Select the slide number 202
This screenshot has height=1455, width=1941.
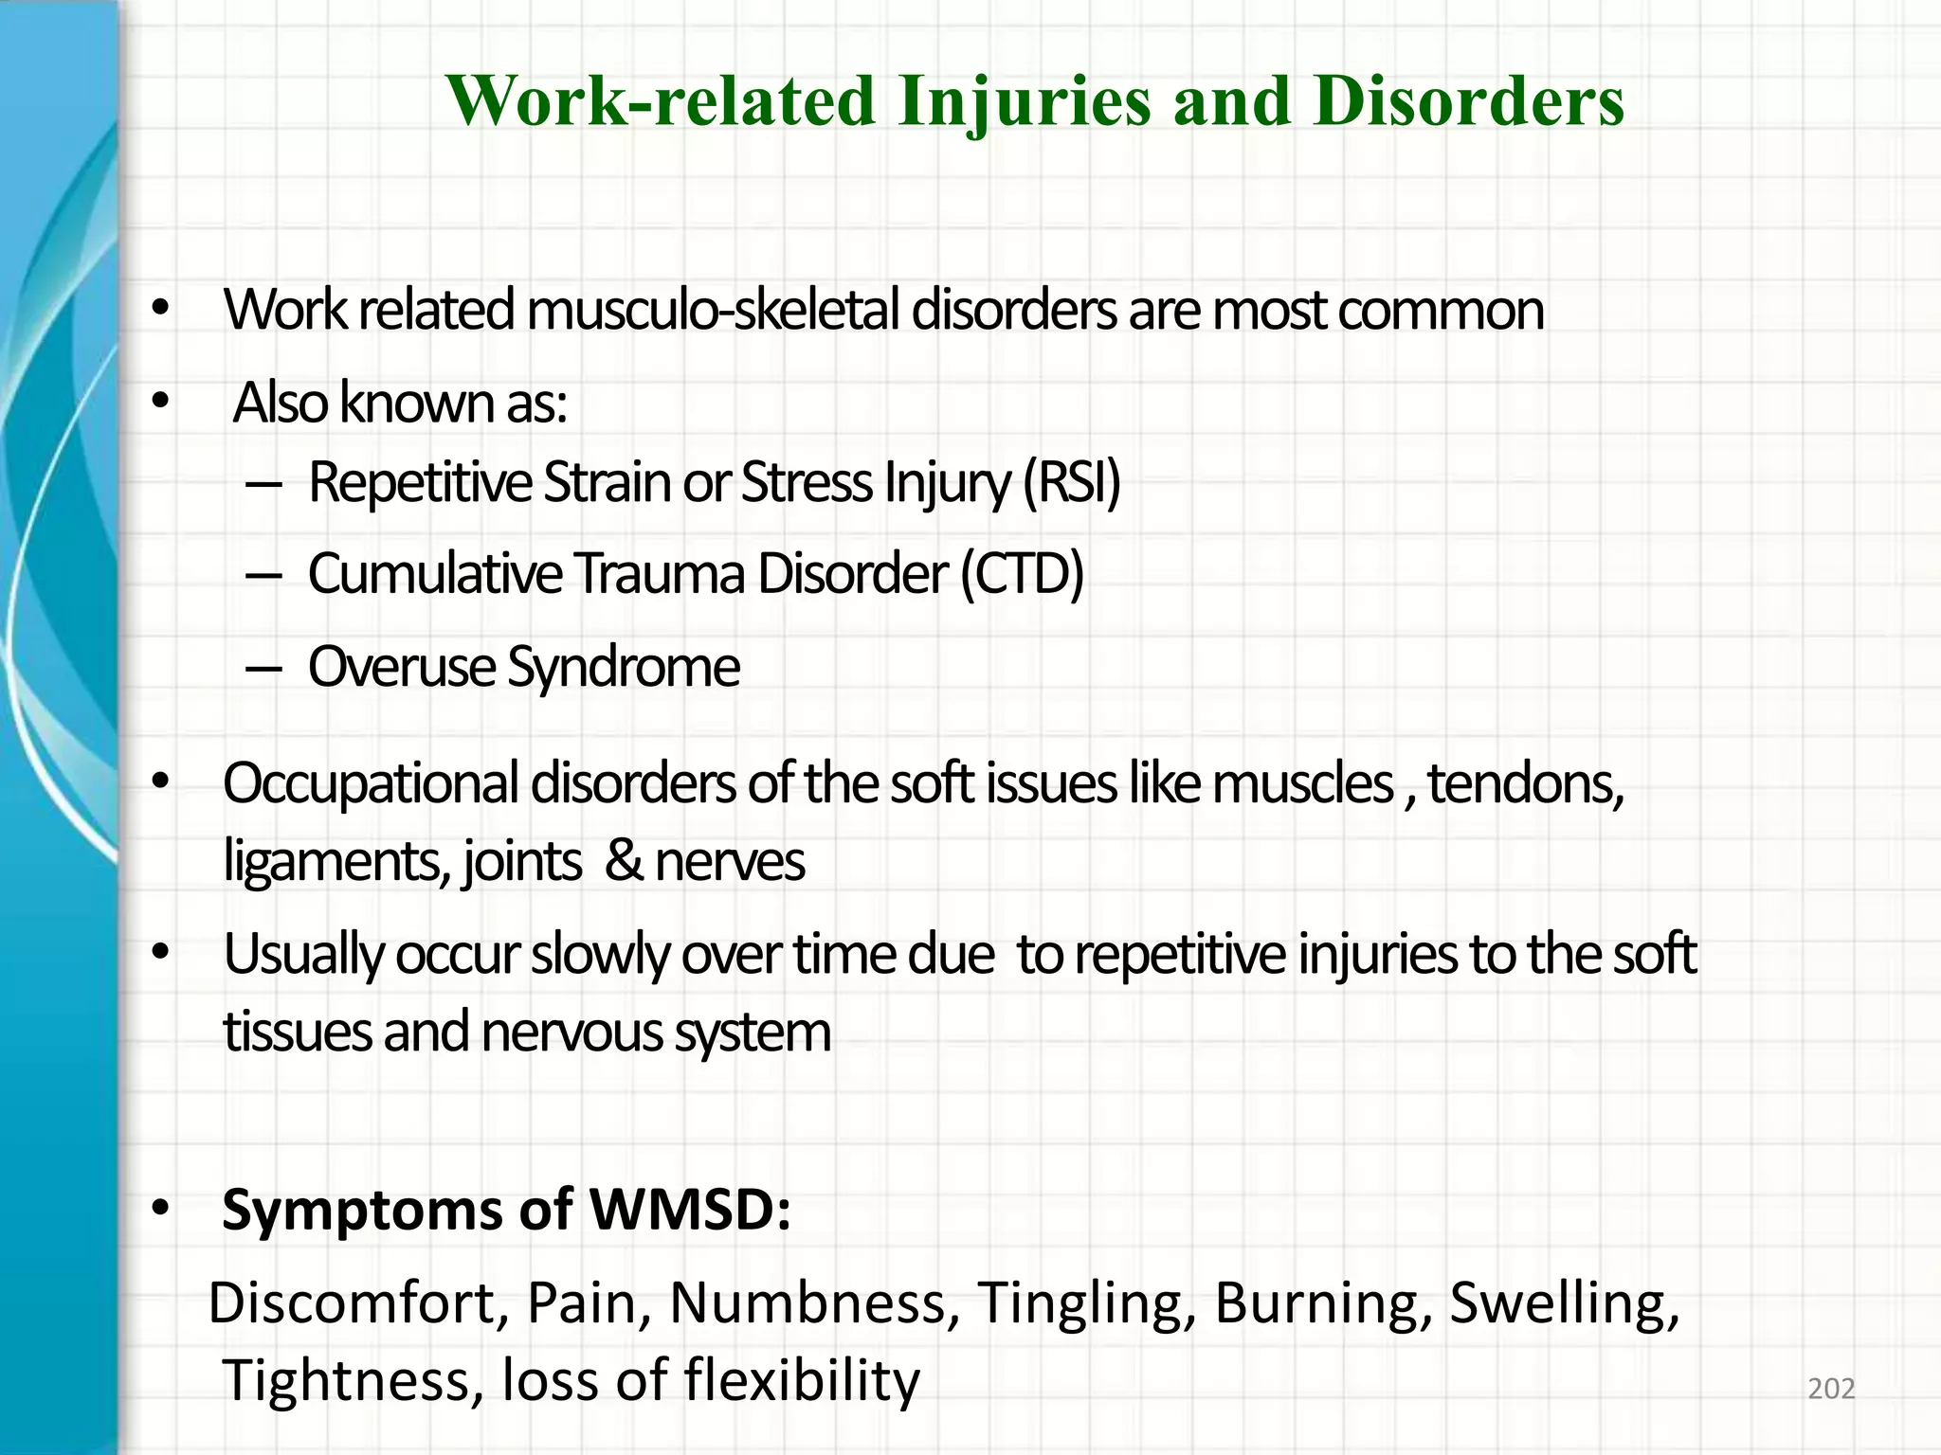[x=1831, y=1389]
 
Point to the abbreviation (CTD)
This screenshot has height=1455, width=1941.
[x=1022, y=574]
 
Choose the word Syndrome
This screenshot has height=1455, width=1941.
[x=623, y=668]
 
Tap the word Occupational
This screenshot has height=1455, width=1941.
[x=371, y=784]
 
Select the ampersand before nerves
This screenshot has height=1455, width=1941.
[x=623, y=862]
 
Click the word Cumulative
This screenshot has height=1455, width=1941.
[x=435, y=574]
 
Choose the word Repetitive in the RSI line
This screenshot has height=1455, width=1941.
[x=419, y=482]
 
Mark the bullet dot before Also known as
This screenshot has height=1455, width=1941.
[x=159, y=404]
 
